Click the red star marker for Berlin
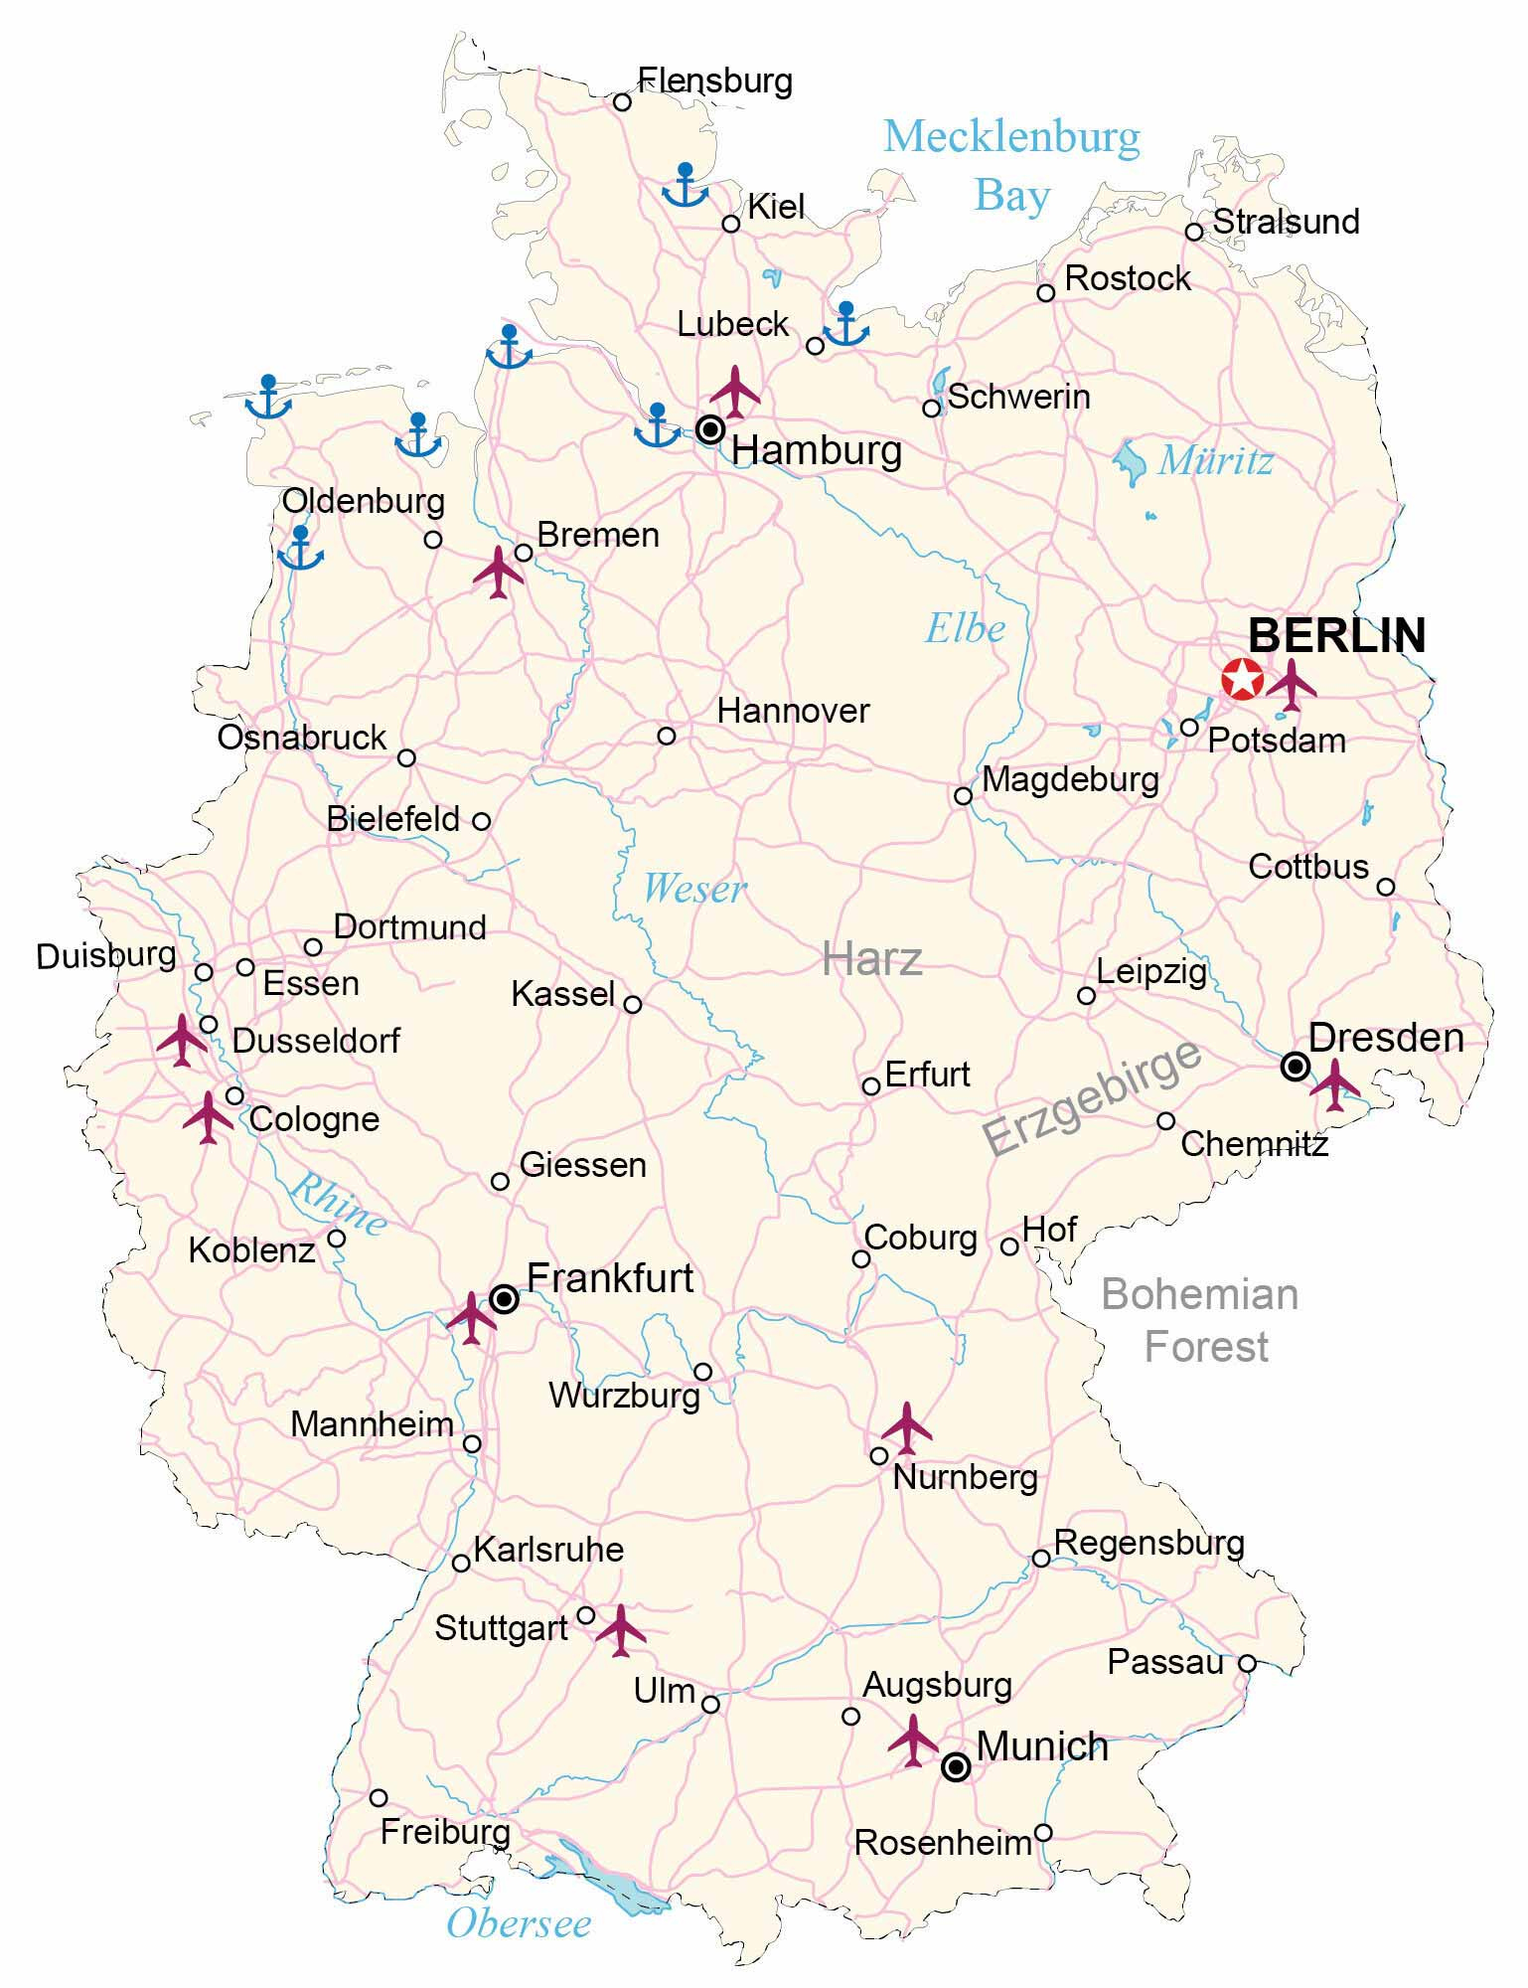1242,680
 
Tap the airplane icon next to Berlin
1291,684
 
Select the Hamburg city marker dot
710,429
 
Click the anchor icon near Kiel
685,185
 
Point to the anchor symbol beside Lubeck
846,324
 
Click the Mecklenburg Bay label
1011,165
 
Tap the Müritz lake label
1215,460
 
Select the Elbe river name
965,628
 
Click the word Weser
693,888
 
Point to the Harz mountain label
872,959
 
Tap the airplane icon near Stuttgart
621,1629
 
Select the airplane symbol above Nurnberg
907,1427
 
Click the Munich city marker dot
956,1766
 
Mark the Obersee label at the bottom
519,1923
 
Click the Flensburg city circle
622,101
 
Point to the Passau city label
1165,1662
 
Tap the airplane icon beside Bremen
499,572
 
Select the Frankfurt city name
609,1278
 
